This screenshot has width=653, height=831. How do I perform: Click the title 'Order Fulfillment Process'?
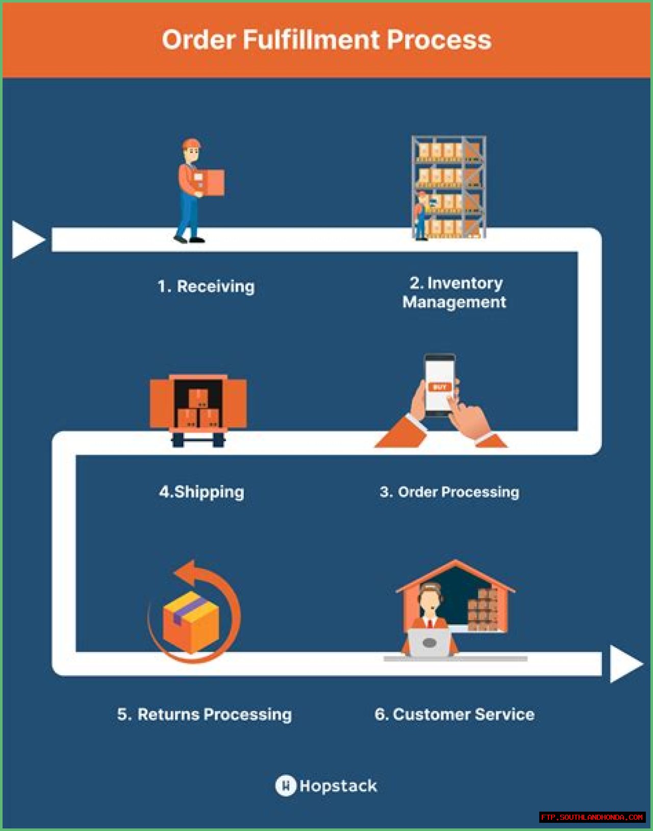click(x=326, y=40)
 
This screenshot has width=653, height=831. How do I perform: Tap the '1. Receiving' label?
click(x=206, y=286)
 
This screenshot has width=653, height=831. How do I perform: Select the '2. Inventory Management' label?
click(x=454, y=292)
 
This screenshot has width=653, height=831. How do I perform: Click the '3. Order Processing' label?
click(x=449, y=492)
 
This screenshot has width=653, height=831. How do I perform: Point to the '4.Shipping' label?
click(x=202, y=492)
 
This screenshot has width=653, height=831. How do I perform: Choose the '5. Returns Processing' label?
click(x=205, y=714)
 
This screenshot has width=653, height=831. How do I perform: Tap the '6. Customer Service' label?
click(x=455, y=714)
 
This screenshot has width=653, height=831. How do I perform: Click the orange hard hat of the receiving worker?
click(x=191, y=143)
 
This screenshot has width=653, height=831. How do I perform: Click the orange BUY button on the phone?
click(x=440, y=387)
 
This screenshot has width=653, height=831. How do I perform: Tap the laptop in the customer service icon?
click(x=429, y=643)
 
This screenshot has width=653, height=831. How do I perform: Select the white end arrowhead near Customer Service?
click(x=625, y=664)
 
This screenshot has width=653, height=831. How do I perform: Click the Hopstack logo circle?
click(x=286, y=785)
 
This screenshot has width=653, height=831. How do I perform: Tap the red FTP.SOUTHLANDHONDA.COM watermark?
click(x=592, y=817)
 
